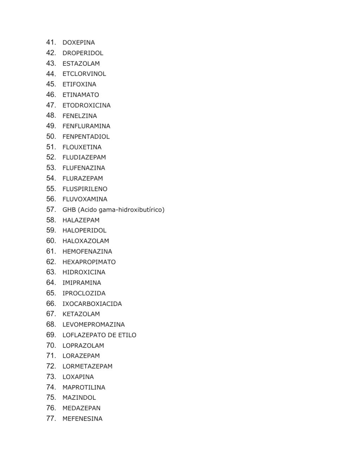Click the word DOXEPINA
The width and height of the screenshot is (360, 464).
pyautogui.click(x=78, y=43)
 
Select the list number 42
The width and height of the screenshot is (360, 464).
pyautogui.click(x=51, y=53)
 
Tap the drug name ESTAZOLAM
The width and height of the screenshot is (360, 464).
pyautogui.click(x=81, y=64)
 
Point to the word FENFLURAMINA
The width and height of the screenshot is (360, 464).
pyautogui.click(x=86, y=126)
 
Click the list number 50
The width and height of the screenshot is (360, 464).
pyautogui.click(x=51, y=136)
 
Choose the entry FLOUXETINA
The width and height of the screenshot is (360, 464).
pyautogui.click(x=82, y=147)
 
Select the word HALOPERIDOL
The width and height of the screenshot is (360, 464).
pyautogui.click(x=84, y=230)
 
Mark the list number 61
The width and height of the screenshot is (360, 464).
pyautogui.click(x=51, y=251)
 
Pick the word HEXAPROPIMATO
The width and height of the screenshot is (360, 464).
pyautogui.click(x=89, y=262)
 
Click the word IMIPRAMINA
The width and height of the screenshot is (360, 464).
pyautogui.click(x=82, y=283)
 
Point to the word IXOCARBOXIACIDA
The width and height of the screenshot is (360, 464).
pyautogui.click(x=92, y=304)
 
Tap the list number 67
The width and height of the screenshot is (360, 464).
pyautogui.click(x=51, y=314)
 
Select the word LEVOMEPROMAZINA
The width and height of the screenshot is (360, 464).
pyautogui.click(x=94, y=324)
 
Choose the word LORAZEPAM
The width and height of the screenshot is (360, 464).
pyautogui.click(x=81, y=356)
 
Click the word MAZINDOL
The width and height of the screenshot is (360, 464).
pyautogui.click(x=79, y=398)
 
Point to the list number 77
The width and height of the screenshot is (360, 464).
pyautogui.click(x=51, y=418)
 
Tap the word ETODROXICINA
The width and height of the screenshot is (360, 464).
pyautogui.click(x=87, y=106)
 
